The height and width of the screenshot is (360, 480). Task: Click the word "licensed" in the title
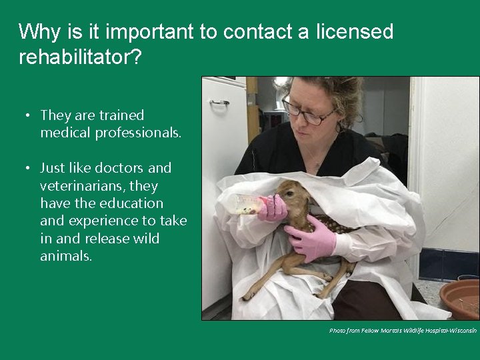pos(354,31)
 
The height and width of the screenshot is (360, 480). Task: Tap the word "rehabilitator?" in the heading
pos(80,57)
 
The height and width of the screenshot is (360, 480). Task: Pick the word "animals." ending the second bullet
pos(66,255)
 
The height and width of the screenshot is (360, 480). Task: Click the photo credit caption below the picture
pos(403,331)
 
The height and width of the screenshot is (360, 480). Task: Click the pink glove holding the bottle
pos(273,208)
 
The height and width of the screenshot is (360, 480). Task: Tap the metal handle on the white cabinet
pos(219,102)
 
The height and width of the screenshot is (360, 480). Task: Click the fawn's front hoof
pos(247,295)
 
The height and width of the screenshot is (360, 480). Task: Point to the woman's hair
pos(333,90)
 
